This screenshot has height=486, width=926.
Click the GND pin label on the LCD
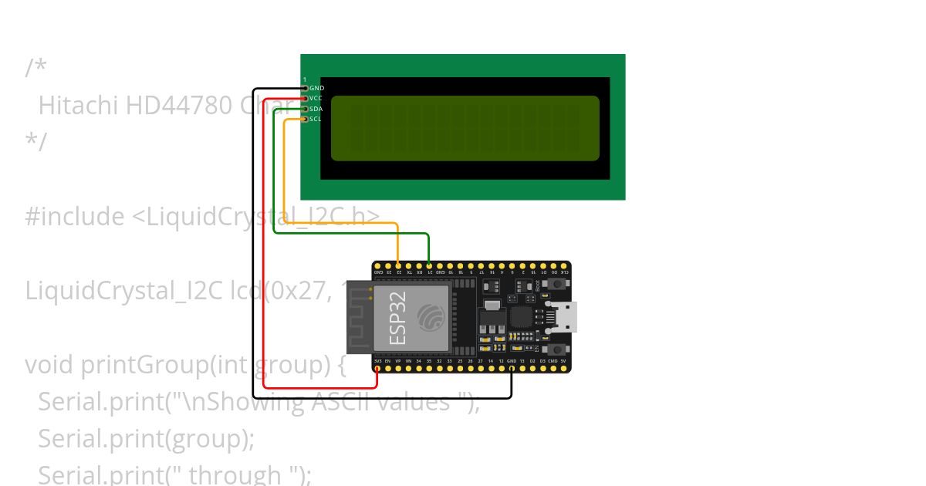click(x=316, y=89)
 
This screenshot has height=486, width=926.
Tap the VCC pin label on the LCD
click(x=316, y=99)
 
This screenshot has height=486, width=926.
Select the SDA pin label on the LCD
click(x=316, y=109)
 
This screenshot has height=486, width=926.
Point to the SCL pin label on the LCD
click(x=315, y=119)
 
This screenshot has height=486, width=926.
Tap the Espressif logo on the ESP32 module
click(x=431, y=317)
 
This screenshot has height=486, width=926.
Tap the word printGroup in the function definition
click(x=141, y=364)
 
